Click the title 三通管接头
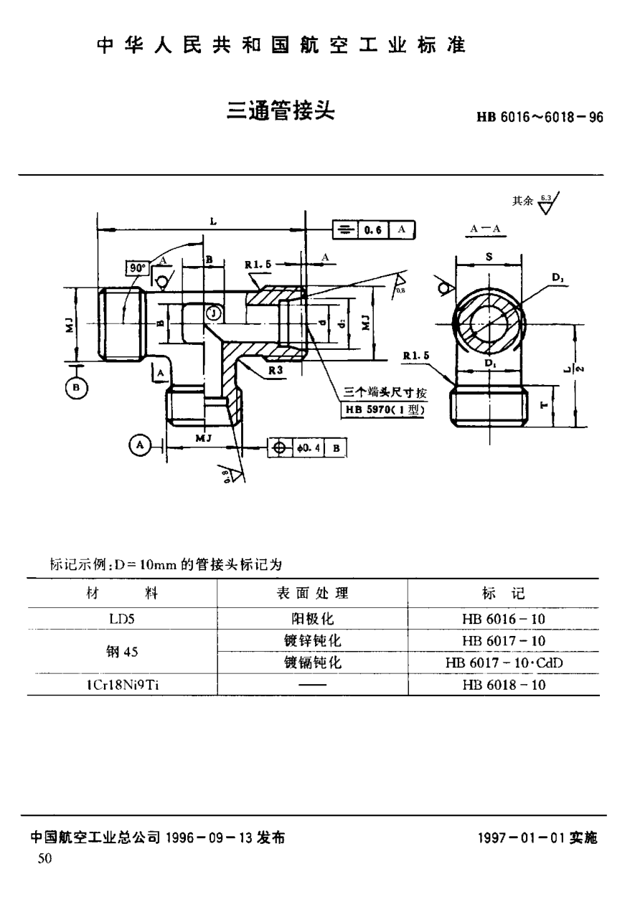coord(281,111)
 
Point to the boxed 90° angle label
coord(136,268)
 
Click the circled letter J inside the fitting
coord(212,313)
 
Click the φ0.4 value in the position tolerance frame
coord(309,448)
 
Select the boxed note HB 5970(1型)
coord(386,410)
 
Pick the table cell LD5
coord(121,617)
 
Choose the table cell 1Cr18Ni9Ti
coord(121,684)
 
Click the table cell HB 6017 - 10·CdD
coord(504,663)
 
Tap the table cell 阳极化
coord(312,617)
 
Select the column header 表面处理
coord(312,593)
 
